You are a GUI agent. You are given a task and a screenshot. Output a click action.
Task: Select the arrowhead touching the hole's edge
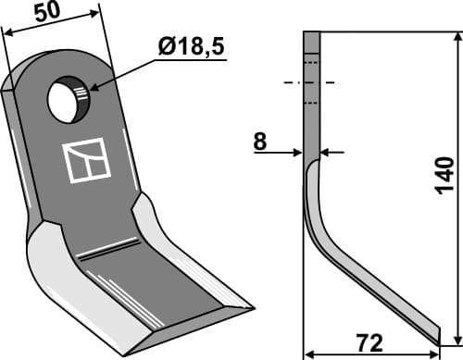(91, 91)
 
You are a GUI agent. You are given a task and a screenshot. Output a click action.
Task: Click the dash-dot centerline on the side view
(311, 82)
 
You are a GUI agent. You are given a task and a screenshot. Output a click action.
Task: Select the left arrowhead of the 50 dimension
(7, 33)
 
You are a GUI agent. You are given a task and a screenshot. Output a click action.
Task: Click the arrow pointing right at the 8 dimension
(298, 152)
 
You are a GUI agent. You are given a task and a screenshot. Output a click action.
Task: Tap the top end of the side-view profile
(311, 33)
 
